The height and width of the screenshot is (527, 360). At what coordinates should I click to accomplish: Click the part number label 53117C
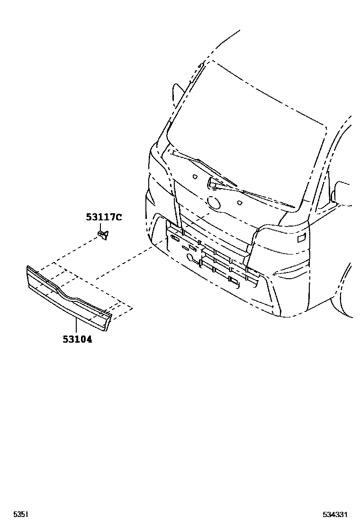pos(104,218)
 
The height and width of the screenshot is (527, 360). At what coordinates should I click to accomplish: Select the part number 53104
pos(76,339)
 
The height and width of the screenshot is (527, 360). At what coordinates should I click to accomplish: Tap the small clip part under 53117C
pos(103,233)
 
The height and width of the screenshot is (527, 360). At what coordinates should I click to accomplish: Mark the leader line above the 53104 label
pos(76,327)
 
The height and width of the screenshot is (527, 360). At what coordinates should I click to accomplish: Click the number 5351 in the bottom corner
pos(20,514)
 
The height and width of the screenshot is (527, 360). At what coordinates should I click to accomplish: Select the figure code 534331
pos(335,514)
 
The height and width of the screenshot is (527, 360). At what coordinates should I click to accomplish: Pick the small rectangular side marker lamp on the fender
pos(301,238)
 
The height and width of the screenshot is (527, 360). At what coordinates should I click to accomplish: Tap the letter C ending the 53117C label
pos(119,218)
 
